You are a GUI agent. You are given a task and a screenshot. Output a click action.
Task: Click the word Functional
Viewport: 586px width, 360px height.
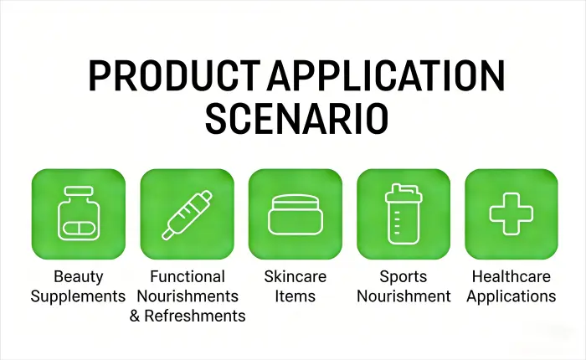pyautogui.click(x=188, y=276)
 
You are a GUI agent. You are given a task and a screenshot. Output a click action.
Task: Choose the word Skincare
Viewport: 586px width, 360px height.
pyautogui.click(x=295, y=276)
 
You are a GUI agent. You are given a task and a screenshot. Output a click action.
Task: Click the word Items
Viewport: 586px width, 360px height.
pyautogui.click(x=295, y=296)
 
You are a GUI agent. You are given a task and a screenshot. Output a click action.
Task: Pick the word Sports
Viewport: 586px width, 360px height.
pyautogui.click(x=403, y=276)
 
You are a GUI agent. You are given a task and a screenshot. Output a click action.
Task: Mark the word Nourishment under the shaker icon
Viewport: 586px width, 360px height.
pyautogui.click(x=403, y=296)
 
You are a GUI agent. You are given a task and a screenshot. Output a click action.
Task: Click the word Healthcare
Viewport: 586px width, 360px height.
pyautogui.click(x=511, y=276)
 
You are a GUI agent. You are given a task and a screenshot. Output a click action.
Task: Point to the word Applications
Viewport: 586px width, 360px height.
pyautogui.click(x=511, y=296)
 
